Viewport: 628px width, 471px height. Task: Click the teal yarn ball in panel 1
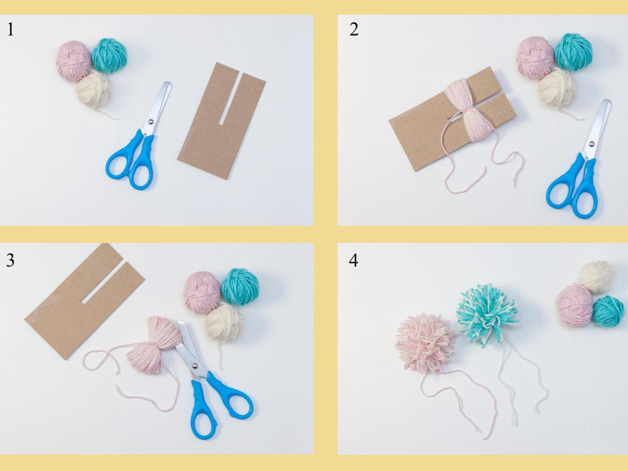pyautogui.click(x=109, y=55)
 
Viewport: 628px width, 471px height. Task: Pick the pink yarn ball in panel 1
pyautogui.click(x=74, y=61)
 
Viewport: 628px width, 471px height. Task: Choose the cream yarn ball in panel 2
pyautogui.click(x=557, y=88)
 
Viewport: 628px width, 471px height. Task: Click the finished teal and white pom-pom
pyautogui.click(x=487, y=313)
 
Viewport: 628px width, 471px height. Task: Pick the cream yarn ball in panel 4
pyautogui.click(x=596, y=277)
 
